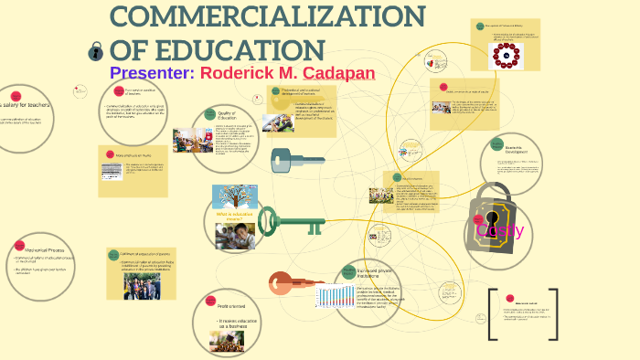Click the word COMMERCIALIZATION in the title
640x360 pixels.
tap(267, 17)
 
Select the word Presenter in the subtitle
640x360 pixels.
tap(150, 72)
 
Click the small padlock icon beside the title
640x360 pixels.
tap(95, 51)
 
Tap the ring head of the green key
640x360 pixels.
tap(267, 219)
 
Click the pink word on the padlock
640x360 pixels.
tap(500, 229)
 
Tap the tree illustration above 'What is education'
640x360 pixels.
tap(234, 197)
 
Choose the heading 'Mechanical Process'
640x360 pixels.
tap(38, 248)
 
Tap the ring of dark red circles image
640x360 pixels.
tap(504, 58)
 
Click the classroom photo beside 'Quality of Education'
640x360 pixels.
tap(192, 140)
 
